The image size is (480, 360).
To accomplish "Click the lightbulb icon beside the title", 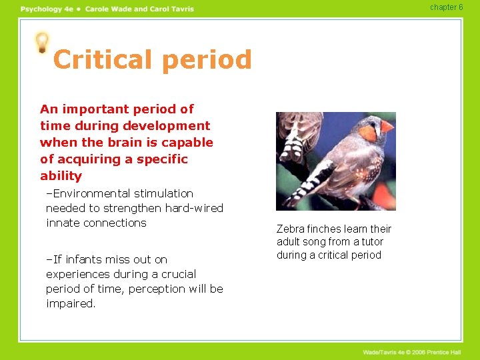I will pyautogui.click(x=42, y=43).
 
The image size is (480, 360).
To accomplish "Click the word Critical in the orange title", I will pyautogui.click(x=101, y=60).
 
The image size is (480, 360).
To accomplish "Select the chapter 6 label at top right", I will pyautogui.click(x=446, y=7).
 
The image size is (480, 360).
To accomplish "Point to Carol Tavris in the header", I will pyautogui.click(x=172, y=9).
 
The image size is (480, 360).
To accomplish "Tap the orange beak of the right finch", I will pyautogui.click(x=387, y=126).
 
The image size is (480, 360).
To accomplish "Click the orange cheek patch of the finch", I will pyautogui.click(x=369, y=133).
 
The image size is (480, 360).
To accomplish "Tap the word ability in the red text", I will pyautogui.click(x=61, y=177).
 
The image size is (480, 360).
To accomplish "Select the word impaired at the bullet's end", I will pyautogui.click(x=71, y=304).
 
